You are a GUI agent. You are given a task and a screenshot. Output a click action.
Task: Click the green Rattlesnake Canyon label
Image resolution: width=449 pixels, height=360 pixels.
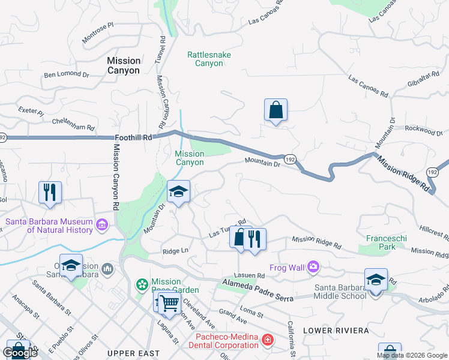coord(209,58)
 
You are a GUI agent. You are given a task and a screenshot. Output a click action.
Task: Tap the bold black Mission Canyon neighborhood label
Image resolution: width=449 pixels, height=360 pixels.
coord(124,65)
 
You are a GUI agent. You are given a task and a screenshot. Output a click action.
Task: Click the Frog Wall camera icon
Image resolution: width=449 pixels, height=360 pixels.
coord(313,266)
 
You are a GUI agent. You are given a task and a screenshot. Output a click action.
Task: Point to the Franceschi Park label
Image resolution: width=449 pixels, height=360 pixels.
coord(387,242)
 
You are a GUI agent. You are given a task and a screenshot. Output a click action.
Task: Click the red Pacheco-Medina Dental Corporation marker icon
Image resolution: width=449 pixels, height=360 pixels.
coord(267,341)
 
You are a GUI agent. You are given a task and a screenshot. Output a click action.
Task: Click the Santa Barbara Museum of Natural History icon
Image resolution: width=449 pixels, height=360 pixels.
coord(101,226)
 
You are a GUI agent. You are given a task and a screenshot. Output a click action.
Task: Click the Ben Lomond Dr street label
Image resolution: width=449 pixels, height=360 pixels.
coord(66,76)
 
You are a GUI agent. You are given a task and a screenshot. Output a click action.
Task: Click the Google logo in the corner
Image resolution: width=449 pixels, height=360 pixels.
coord(19,353)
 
